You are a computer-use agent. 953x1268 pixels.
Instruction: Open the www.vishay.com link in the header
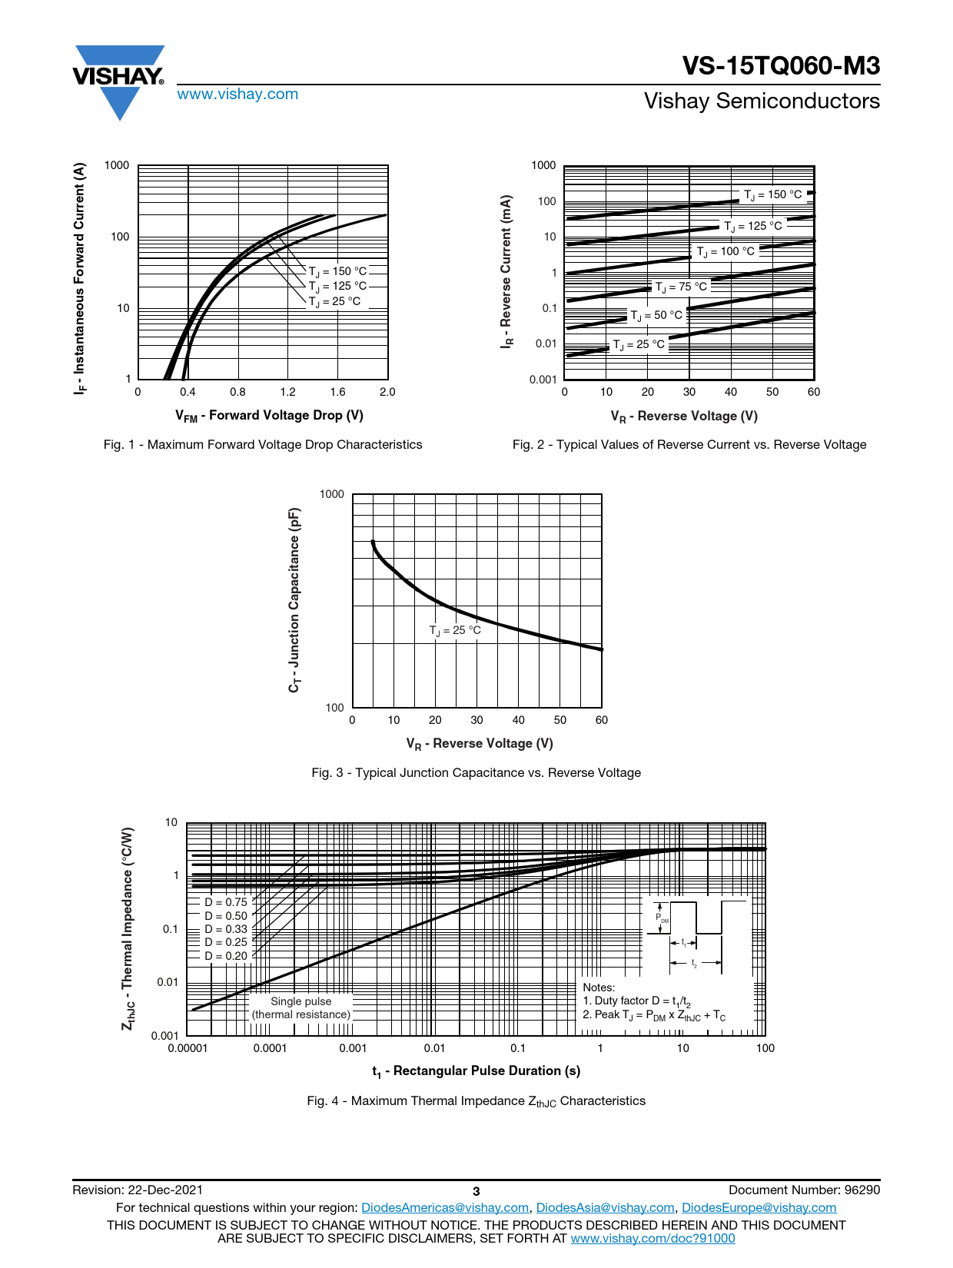tap(237, 95)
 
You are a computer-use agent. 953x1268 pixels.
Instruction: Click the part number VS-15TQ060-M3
tap(781, 66)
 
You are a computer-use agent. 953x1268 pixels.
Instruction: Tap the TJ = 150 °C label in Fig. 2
tap(772, 195)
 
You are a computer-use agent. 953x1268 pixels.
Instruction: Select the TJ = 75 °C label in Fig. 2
tap(681, 287)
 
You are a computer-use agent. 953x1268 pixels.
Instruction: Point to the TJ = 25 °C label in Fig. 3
tap(455, 631)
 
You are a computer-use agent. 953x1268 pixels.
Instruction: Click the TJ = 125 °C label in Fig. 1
tap(338, 287)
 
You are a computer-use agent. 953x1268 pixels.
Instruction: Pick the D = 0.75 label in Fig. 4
tap(226, 902)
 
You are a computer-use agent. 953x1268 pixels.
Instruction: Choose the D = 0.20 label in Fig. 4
tap(226, 956)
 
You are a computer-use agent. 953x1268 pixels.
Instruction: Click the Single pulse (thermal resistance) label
tap(301, 1007)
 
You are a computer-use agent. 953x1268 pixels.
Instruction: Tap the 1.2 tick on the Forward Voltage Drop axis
tap(287, 392)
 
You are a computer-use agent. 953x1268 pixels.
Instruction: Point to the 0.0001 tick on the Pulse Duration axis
tap(270, 1048)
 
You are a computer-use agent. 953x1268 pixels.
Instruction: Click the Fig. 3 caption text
tap(476, 773)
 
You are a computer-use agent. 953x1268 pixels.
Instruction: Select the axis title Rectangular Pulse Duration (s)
tap(476, 1071)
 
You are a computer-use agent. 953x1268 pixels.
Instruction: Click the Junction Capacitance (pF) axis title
tap(294, 600)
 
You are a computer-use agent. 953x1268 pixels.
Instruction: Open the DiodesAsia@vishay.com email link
tap(605, 1208)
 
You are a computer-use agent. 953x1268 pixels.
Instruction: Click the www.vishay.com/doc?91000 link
tap(652, 1239)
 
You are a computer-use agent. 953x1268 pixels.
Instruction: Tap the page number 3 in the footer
tap(476, 1191)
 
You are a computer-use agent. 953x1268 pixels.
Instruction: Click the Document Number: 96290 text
tap(804, 1190)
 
